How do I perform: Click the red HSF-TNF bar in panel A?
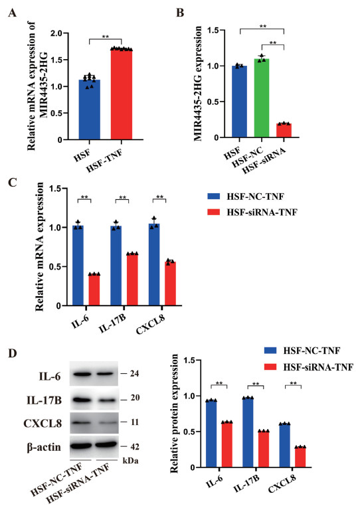coord(122,94)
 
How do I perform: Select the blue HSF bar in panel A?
coord(90,110)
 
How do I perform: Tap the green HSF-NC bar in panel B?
coord(262,98)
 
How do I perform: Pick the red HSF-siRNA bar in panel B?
coord(284,131)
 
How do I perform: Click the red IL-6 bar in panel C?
coord(94,290)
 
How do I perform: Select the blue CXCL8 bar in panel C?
coord(154,265)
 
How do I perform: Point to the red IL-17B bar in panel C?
coord(132,280)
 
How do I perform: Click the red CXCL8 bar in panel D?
coord(300,457)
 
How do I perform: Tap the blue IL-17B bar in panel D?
coord(248,432)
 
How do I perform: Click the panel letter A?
coord(13,13)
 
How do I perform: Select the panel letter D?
coord(13,353)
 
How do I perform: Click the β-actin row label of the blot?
coord(44,447)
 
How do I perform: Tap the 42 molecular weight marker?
coord(134,447)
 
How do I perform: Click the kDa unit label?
coord(130,460)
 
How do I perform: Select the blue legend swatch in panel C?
coord(213,197)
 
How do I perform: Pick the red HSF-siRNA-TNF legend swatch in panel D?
coord(270,367)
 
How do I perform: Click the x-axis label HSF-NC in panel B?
coord(249,155)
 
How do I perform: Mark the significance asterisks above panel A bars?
coord(106,37)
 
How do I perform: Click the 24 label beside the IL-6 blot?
coord(134,374)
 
